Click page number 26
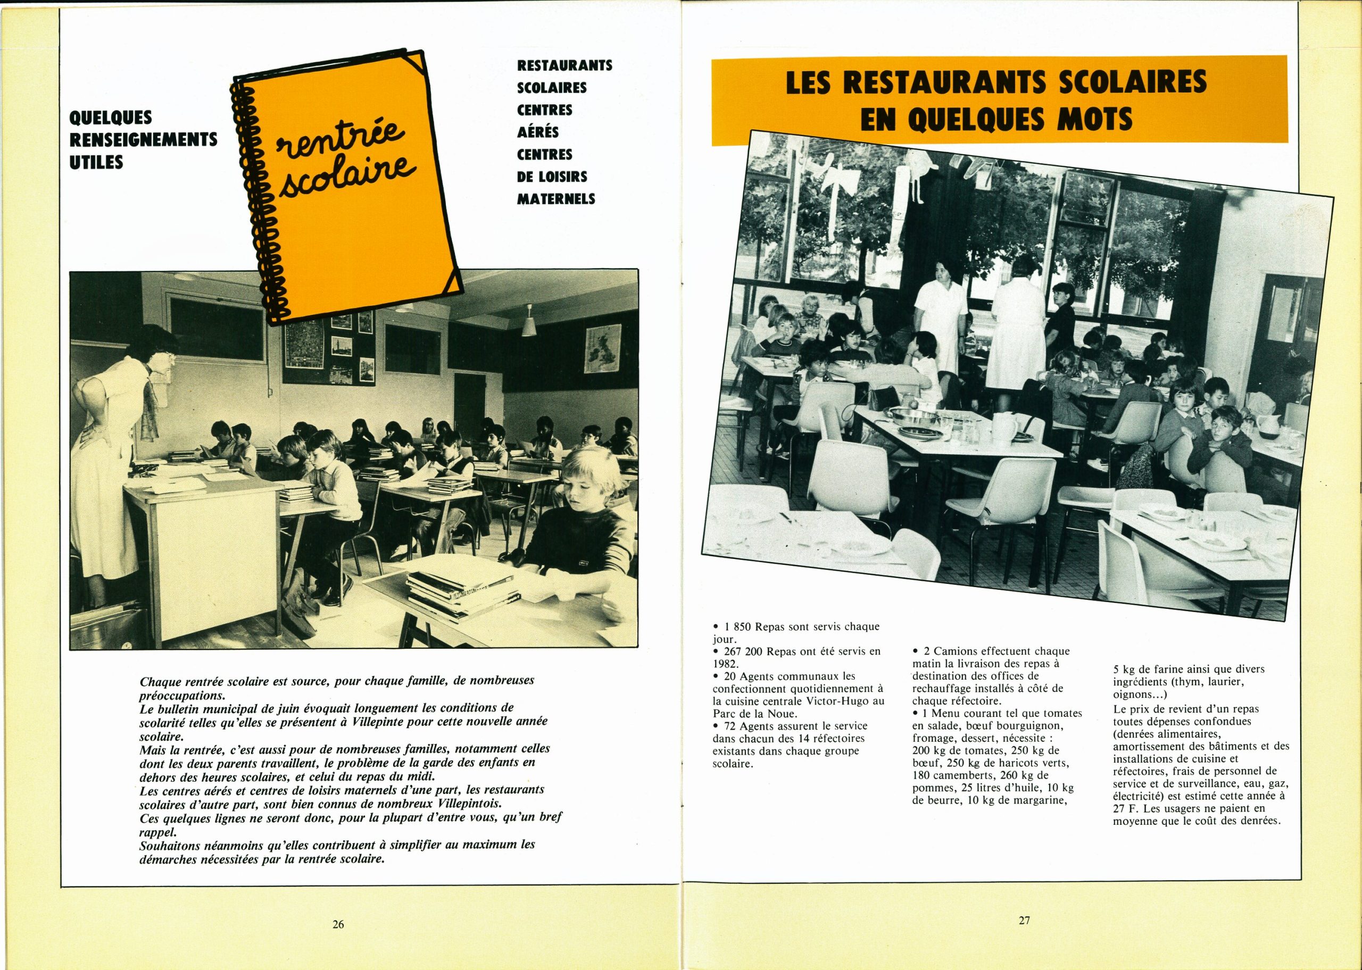pos(338,925)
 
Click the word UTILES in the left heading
pos(96,162)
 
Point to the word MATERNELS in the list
pos(555,199)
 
